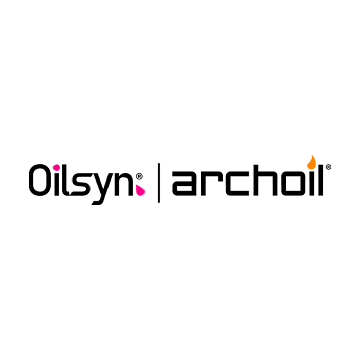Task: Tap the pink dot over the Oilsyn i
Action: point(56,168)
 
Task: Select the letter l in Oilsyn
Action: point(65,180)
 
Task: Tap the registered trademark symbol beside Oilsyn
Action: point(139,176)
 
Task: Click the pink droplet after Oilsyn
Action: point(140,191)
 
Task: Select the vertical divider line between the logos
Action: point(159,183)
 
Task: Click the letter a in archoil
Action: point(185,184)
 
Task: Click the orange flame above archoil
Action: point(312,163)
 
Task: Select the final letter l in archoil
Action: point(320,180)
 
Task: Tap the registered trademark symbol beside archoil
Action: point(328,167)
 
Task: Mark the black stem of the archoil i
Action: point(312,184)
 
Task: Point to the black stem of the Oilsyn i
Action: point(57,185)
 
